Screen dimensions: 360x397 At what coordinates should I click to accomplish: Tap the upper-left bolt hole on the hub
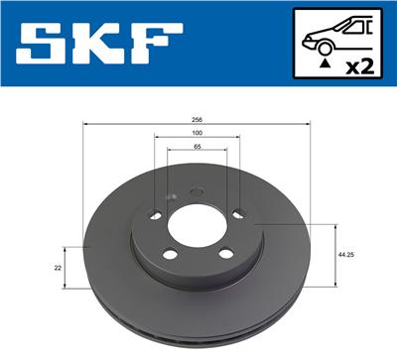154,216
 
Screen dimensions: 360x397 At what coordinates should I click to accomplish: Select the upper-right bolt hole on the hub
238,212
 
